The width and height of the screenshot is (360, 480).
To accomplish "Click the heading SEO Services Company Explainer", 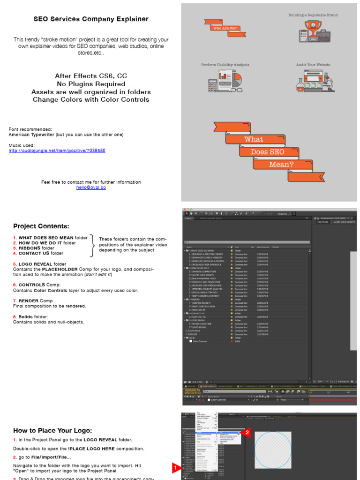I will coord(91,19).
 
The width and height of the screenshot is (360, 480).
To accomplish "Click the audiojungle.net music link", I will coord(57,150).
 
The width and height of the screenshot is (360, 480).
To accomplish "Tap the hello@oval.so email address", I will coord(91,187).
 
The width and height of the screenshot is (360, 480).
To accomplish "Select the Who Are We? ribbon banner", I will coord(225,28).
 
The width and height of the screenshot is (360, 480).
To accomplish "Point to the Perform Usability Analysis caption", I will coord(225,65).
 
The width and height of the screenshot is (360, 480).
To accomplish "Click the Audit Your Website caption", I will coord(313,65).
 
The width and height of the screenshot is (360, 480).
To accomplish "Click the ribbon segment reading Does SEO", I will coord(267,152).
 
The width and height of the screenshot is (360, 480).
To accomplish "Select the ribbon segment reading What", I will coord(254,139).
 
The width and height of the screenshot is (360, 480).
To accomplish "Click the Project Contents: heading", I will coord(41,226).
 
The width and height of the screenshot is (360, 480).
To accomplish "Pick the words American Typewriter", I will coord(31,135).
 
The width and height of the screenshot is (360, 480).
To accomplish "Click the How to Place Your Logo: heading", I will coord(52,430).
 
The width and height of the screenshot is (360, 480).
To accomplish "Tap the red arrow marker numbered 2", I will coord(247,433).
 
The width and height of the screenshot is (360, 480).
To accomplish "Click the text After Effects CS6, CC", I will coord(91,76).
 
